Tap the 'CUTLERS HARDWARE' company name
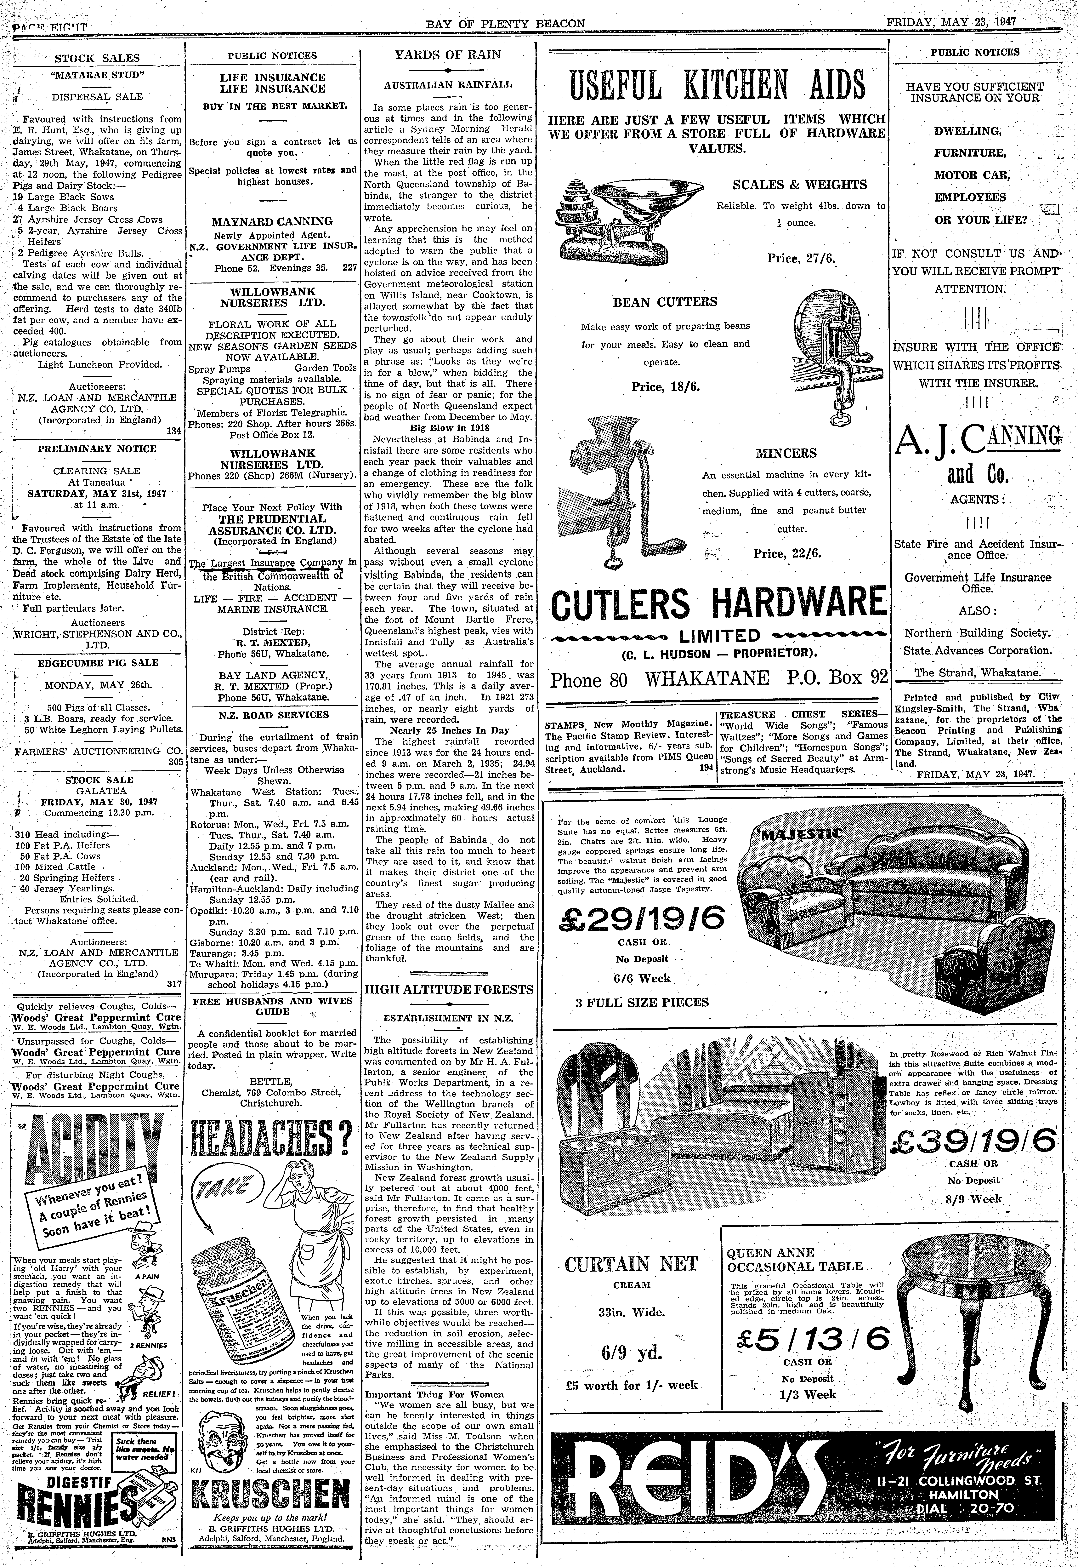tap(717, 603)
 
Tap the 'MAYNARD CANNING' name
tap(272, 221)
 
